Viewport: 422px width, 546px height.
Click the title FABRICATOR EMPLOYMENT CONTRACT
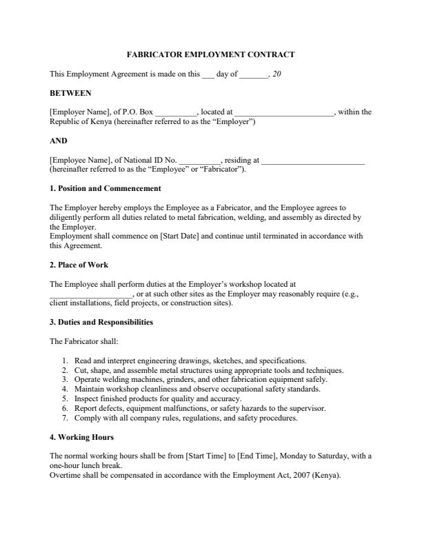[211, 54]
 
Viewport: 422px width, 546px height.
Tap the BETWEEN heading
[70, 92]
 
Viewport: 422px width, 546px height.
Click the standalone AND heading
[59, 141]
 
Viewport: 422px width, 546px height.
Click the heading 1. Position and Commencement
[105, 188]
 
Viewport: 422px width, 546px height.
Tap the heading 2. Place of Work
[79, 265]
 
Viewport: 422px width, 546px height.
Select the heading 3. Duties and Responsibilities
[101, 322]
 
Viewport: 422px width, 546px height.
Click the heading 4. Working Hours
[82, 437]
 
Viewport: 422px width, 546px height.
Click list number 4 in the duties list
[65, 389]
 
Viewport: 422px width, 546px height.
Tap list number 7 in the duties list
[65, 418]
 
